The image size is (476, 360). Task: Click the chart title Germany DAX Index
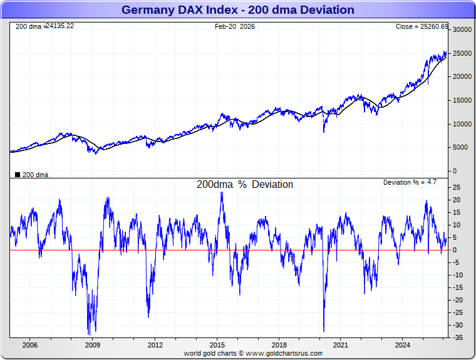point(237,10)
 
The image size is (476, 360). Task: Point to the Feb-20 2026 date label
point(235,26)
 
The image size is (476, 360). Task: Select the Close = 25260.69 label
point(422,26)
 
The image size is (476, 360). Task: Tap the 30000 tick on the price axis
point(462,29)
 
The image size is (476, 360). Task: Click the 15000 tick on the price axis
point(462,100)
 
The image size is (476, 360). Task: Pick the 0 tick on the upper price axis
point(455,171)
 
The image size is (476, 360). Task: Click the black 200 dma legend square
point(17,175)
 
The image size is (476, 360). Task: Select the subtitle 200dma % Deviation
point(244,185)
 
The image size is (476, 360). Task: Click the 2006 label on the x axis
point(29,345)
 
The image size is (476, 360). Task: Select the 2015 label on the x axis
point(217,345)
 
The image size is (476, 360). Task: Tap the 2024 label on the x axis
point(403,345)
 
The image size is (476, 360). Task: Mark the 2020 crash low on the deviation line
point(324,331)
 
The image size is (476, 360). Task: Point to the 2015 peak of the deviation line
point(222,192)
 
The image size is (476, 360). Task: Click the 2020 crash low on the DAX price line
point(324,131)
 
